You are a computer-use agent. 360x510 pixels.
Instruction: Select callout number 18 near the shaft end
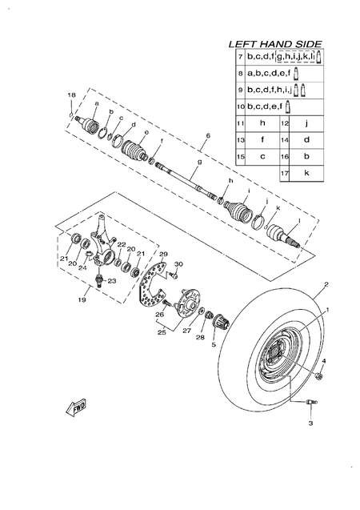[71, 95]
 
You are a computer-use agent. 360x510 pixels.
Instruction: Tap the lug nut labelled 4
[320, 375]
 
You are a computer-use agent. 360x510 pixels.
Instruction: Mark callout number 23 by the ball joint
[111, 281]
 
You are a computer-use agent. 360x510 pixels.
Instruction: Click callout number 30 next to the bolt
[179, 263]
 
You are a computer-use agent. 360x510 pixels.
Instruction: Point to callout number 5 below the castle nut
[213, 344]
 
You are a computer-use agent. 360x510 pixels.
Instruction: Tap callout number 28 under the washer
[200, 337]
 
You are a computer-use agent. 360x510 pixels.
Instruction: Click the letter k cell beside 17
[306, 172]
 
